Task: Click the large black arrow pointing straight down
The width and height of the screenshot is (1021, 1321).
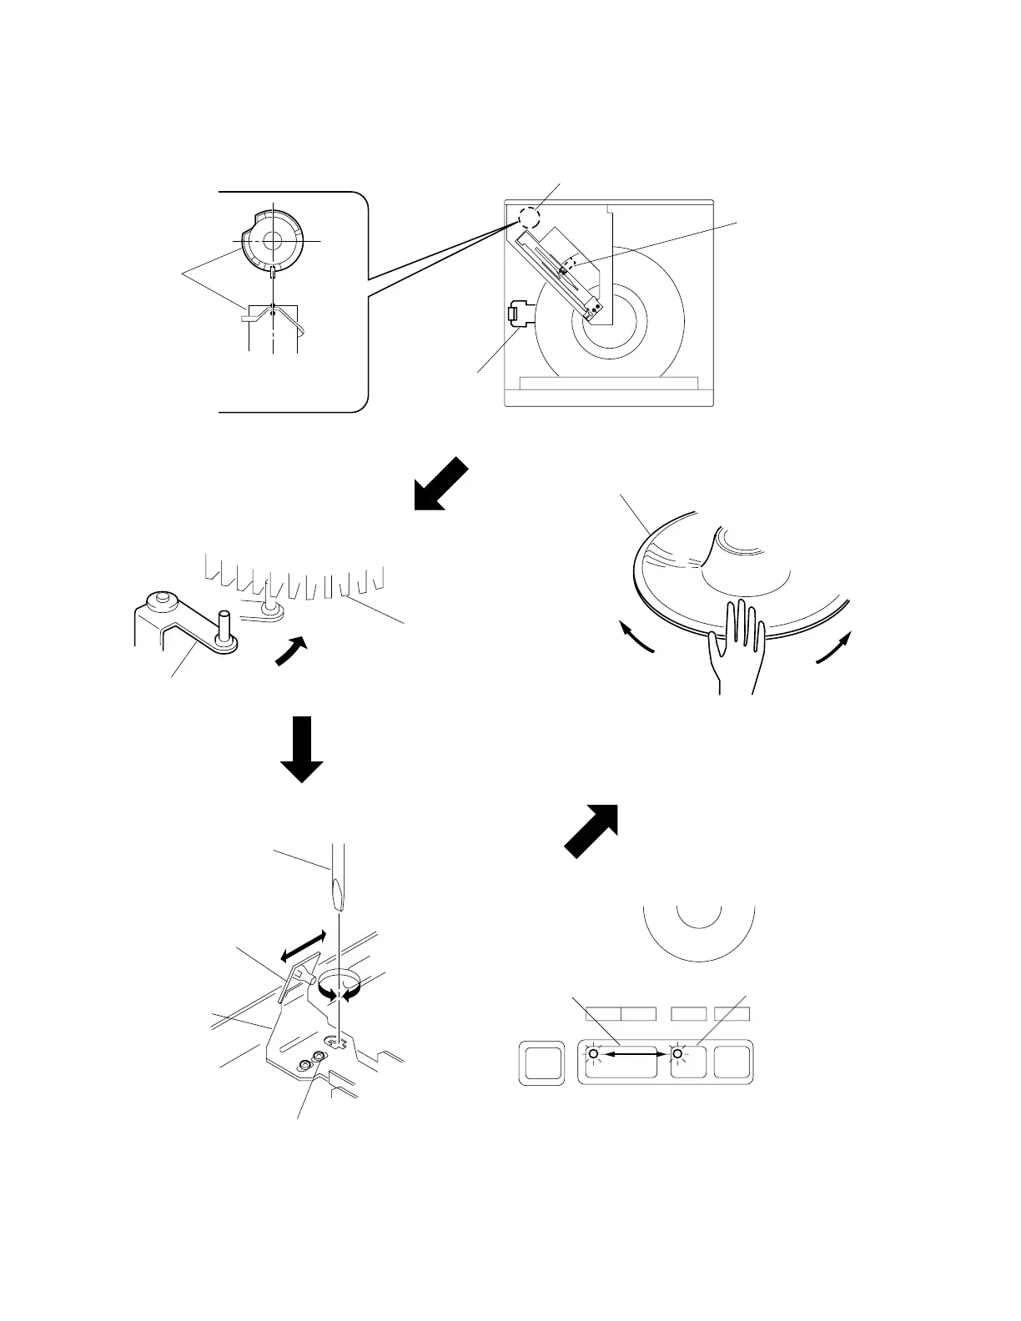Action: pyautogui.click(x=300, y=748)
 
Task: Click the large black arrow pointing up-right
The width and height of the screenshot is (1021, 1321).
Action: pyautogui.click(x=591, y=830)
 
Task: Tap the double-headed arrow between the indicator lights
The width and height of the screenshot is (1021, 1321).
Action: pyautogui.click(x=635, y=1055)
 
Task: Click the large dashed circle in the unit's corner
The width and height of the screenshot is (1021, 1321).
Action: pyautogui.click(x=529, y=218)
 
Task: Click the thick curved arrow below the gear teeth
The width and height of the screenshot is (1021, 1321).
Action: pyautogui.click(x=290, y=651)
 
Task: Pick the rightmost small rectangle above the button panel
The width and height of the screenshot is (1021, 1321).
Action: pyautogui.click(x=732, y=1014)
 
